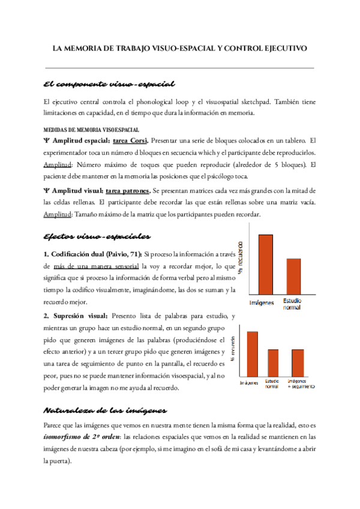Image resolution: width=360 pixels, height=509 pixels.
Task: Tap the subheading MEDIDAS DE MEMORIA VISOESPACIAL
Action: pos(91,129)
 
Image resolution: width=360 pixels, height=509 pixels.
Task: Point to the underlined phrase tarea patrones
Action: pos(128,190)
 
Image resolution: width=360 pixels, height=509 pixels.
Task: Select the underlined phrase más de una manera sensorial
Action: pos(101,265)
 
